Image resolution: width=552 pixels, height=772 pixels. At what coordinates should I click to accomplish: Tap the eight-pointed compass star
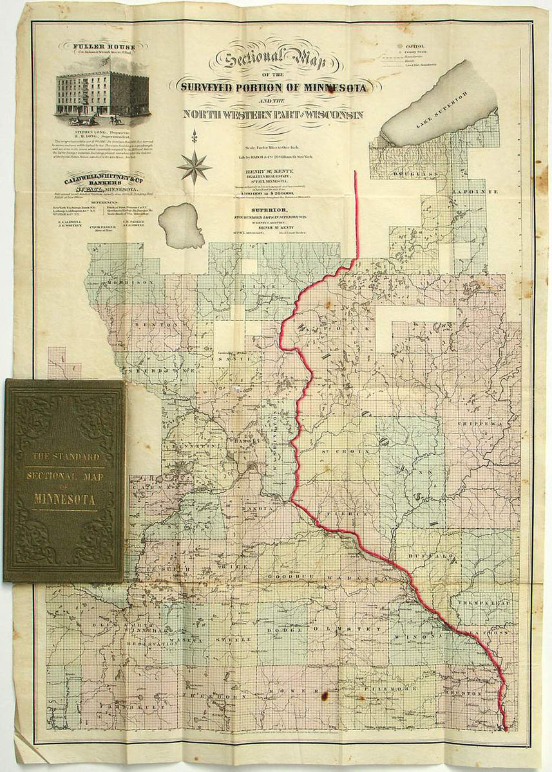(x=195, y=167)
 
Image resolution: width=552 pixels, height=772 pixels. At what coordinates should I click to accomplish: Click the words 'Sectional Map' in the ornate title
(x=273, y=60)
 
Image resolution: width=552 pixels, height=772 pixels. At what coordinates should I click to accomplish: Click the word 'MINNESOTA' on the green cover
(x=64, y=499)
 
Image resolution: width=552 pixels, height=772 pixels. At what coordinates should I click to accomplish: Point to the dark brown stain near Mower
(x=324, y=695)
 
